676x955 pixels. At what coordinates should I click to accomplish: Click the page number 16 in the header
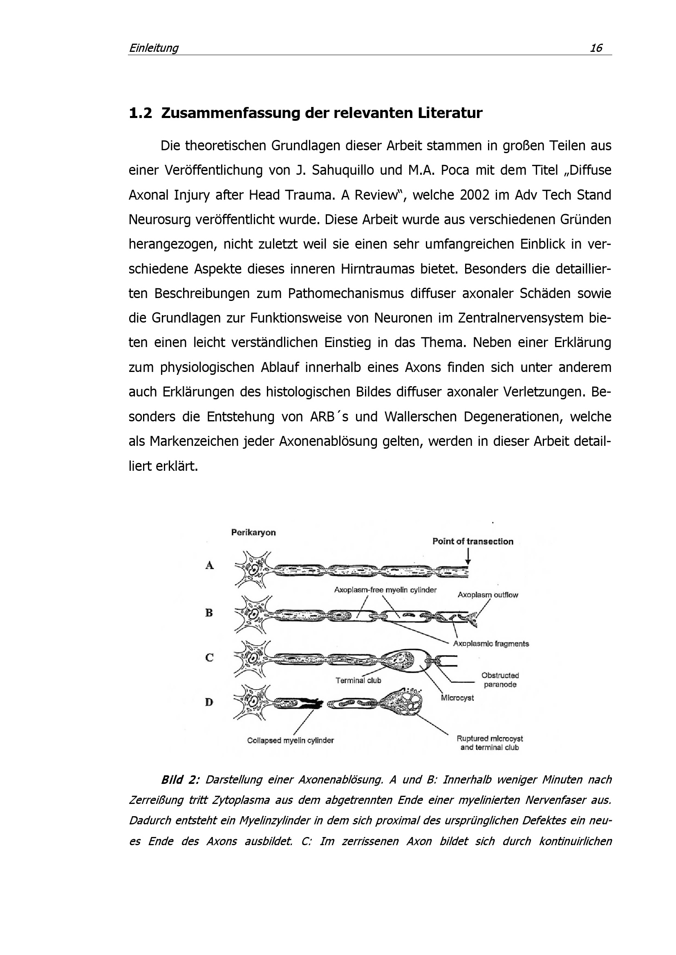(595, 48)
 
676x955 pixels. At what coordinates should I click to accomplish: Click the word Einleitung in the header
(153, 48)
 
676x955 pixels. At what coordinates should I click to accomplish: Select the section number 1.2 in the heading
(140, 113)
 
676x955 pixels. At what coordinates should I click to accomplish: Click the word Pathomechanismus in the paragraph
(345, 294)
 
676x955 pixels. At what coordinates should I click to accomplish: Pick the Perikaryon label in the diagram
(253, 532)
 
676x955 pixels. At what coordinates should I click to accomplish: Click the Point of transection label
(472, 541)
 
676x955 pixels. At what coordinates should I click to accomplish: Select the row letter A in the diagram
(210, 565)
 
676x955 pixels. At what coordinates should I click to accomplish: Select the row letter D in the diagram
(209, 702)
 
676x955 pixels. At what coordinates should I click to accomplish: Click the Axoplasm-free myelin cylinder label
(385, 590)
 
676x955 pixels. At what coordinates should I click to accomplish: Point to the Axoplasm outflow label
(488, 595)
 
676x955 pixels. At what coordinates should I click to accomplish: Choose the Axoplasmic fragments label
(491, 644)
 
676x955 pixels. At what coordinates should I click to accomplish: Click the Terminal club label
(358, 681)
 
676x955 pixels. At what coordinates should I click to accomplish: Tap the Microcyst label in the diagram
(457, 697)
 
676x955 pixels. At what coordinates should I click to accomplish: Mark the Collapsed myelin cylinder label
(290, 740)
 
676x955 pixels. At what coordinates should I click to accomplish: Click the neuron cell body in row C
(252, 659)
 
